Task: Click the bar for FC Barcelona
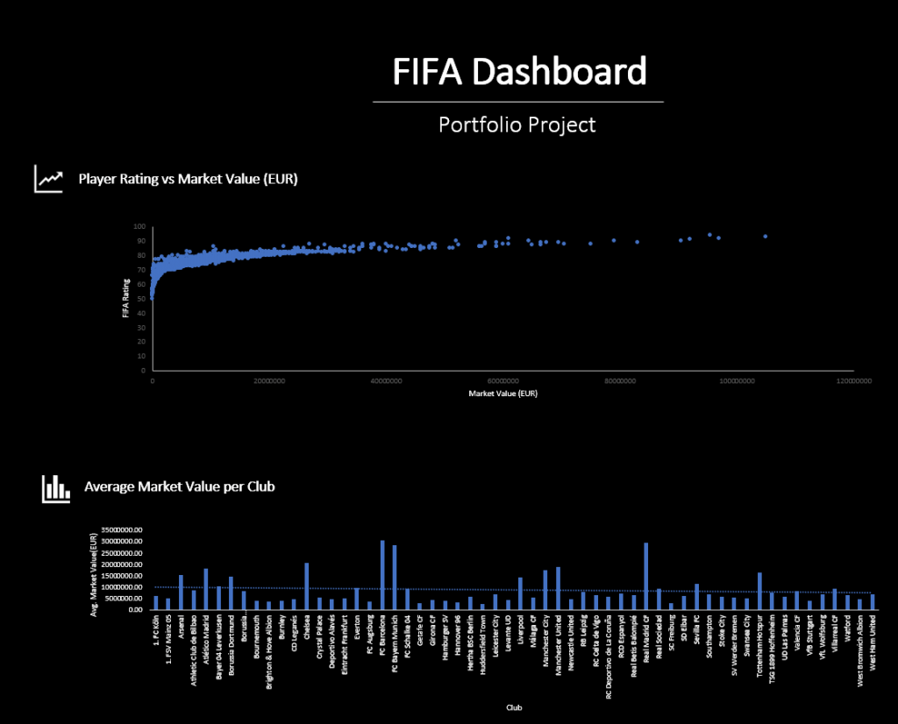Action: tap(382, 574)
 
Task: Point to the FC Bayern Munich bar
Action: tap(395, 577)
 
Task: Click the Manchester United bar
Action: tap(558, 588)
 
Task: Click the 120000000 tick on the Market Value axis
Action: tap(854, 381)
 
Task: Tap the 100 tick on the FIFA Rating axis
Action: tap(139, 227)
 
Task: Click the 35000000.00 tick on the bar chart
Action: tap(123, 530)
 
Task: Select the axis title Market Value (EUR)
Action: tap(503, 394)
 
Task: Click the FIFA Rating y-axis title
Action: tap(126, 298)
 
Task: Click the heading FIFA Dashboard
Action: tap(519, 72)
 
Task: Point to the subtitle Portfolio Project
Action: tap(517, 124)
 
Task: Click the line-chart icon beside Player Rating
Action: tap(48, 179)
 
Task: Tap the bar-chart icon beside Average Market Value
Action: tap(55, 488)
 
